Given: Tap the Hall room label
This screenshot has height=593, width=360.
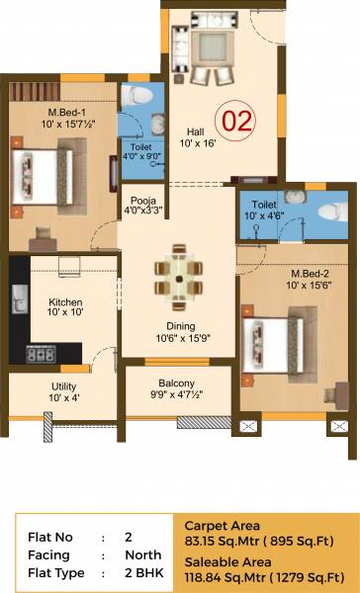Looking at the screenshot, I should tap(194, 130).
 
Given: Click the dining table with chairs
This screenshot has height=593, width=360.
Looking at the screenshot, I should tap(177, 278).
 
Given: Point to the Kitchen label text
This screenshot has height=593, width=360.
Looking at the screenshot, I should tap(65, 302).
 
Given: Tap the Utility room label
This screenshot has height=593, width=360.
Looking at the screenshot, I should tap(64, 386).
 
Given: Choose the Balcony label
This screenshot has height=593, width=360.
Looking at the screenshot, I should tap(177, 383).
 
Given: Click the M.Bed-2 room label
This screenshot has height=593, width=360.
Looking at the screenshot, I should tap(310, 273).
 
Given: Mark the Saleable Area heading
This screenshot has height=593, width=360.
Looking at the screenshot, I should tap(221, 557).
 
